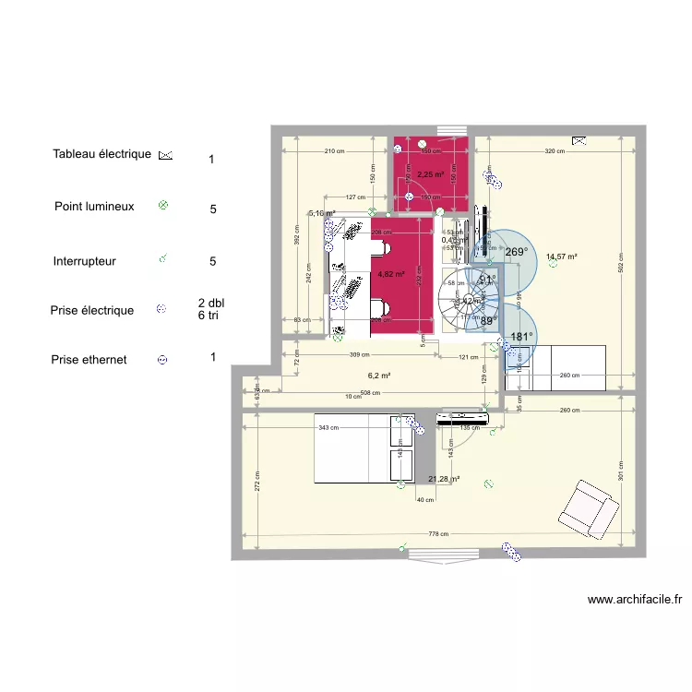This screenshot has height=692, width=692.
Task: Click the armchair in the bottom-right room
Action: [x=585, y=507]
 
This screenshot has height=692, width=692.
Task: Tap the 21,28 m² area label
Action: [x=444, y=479]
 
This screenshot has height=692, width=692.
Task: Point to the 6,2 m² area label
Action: [x=379, y=376]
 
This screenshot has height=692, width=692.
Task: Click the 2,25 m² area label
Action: [x=430, y=173]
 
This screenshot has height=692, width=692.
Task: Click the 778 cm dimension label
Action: [x=437, y=534]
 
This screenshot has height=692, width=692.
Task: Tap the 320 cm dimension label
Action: [x=555, y=151]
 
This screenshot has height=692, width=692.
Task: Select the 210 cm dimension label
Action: [x=334, y=151]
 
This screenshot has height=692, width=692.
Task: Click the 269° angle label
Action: [x=516, y=252]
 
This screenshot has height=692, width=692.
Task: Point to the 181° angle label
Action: [x=521, y=337]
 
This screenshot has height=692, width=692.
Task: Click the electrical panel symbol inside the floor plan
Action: [x=579, y=141]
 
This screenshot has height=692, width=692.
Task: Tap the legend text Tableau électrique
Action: [x=101, y=154]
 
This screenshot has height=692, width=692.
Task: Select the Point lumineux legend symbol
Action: [x=163, y=206]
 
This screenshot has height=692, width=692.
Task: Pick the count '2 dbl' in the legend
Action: [x=211, y=303]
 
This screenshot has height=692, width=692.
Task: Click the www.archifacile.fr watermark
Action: [x=635, y=600]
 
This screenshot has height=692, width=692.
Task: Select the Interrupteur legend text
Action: [x=85, y=261]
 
